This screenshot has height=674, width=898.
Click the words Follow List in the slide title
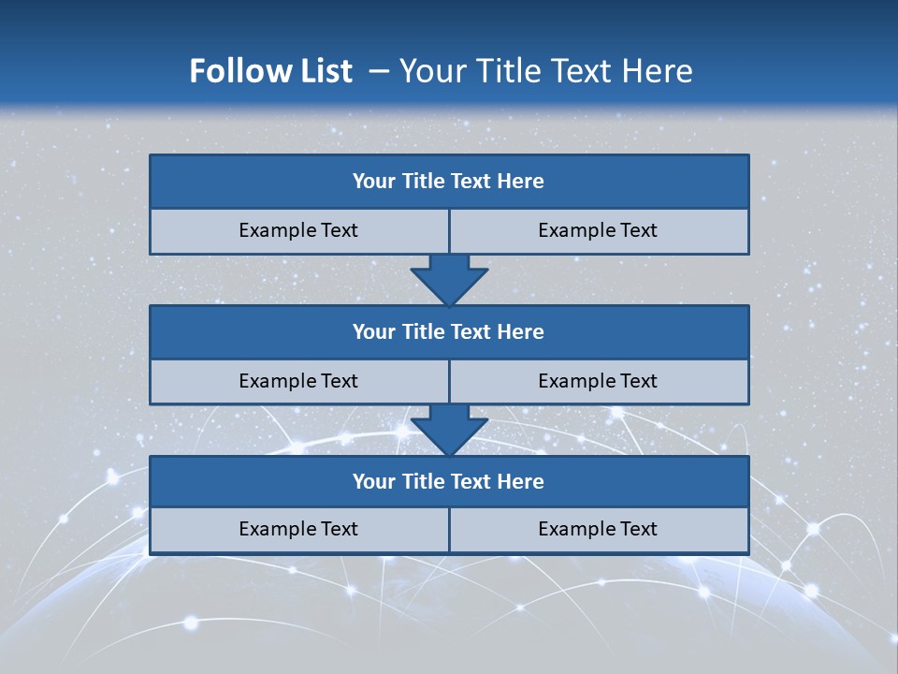(270, 71)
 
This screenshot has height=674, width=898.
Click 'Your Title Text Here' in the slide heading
(545, 71)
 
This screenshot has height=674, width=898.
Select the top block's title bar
(449, 182)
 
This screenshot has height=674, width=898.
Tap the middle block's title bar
(449, 331)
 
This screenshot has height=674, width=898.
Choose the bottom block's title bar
(449, 481)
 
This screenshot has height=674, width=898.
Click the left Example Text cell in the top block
(298, 230)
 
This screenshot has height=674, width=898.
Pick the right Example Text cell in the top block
(598, 230)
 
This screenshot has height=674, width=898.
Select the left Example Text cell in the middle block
(298, 381)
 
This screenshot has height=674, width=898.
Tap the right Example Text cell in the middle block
(598, 381)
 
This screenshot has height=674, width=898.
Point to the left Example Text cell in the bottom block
(298, 529)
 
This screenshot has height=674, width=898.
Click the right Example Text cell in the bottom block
(598, 529)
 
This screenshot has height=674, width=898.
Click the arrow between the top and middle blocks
(449, 279)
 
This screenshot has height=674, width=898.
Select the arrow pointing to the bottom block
(449, 430)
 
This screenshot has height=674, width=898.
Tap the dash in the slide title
(379, 71)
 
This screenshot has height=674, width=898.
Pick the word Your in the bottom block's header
(373, 481)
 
